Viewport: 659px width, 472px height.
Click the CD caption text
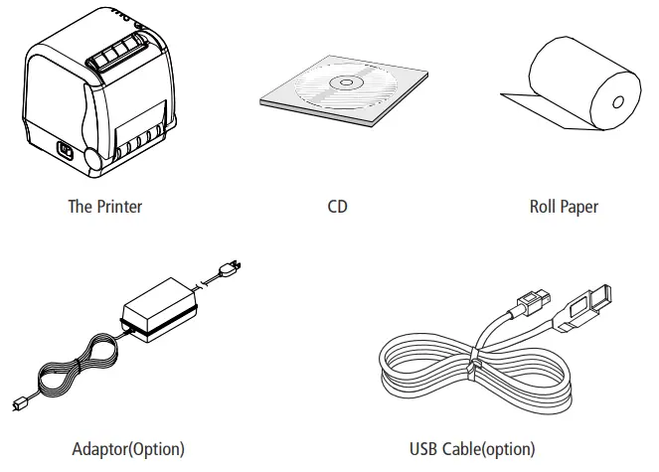(x=338, y=207)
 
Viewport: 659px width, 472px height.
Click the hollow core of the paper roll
(x=616, y=99)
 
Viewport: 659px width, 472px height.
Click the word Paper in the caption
(x=579, y=207)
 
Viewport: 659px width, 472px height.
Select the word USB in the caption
(x=424, y=448)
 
